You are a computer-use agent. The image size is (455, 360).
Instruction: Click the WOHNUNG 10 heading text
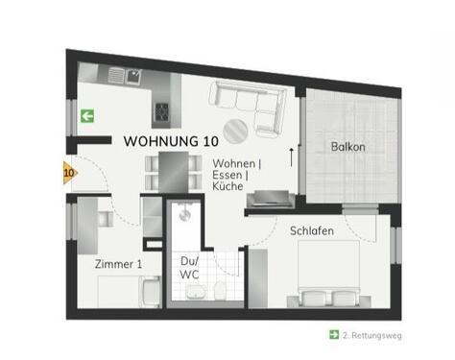[170, 141]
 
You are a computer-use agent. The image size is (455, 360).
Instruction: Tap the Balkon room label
[347, 147]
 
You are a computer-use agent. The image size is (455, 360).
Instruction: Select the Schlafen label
[313, 230]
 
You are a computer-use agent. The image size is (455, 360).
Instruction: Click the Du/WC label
[189, 268]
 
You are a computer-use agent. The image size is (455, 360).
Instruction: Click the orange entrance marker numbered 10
[68, 174]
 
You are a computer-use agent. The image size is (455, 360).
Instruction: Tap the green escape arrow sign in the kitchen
[86, 116]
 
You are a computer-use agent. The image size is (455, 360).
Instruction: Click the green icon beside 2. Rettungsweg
[333, 335]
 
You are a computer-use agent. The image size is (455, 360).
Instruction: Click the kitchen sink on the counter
[119, 74]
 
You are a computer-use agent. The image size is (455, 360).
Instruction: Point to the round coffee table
[234, 131]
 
